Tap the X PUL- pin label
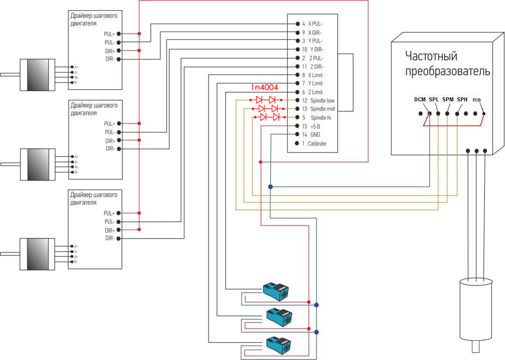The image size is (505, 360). pyautogui.click(x=315, y=24)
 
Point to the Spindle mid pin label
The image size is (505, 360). pyautogui.click(x=322, y=109)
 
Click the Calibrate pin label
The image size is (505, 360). pyautogui.click(x=317, y=143)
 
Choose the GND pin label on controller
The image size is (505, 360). pyautogui.click(x=315, y=135)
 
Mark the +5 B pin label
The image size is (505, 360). pyautogui.click(x=315, y=126)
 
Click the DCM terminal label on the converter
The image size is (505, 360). pyautogui.click(x=420, y=100)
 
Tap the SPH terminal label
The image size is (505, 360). pyautogui.click(x=462, y=100)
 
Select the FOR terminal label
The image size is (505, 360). pyautogui.click(x=477, y=100)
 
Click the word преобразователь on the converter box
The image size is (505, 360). pyautogui.click(x=447, y=71)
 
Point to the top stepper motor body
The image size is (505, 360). pyautogui.click(x=38, y=75)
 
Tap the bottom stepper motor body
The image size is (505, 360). pyautogui.click(x=38, y=254)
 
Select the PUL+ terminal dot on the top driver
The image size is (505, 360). pyautogui.click(x=119, y=34)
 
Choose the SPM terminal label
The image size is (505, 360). pyautogui.click(x=448, y=100)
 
